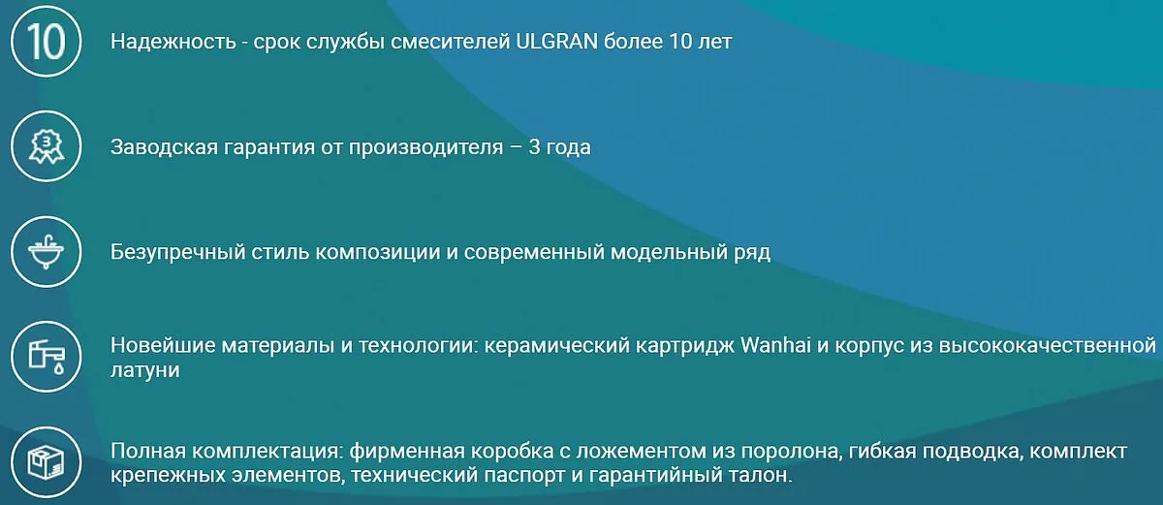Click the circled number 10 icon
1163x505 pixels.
(47, 42)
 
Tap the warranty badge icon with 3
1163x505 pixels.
(47, 146)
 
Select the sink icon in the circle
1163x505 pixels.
(47, 252)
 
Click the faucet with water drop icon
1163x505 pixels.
(47, 357)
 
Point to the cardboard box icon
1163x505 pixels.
(47, 462)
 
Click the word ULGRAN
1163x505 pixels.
(556, 42)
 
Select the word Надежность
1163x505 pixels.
(173, 42)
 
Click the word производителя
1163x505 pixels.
(425, 147)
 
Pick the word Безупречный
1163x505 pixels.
(177, 253)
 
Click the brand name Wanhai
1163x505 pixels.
(775, 345)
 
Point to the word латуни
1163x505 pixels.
(144, 370)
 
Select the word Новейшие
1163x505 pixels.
(163, 345)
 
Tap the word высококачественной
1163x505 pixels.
(1048, 345)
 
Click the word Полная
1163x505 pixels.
(148, 451)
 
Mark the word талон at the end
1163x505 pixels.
(761, 475)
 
